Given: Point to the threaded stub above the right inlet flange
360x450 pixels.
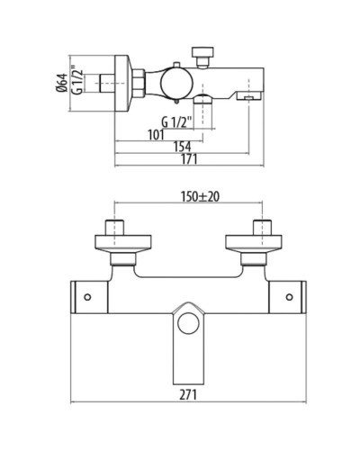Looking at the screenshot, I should point(264,224).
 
